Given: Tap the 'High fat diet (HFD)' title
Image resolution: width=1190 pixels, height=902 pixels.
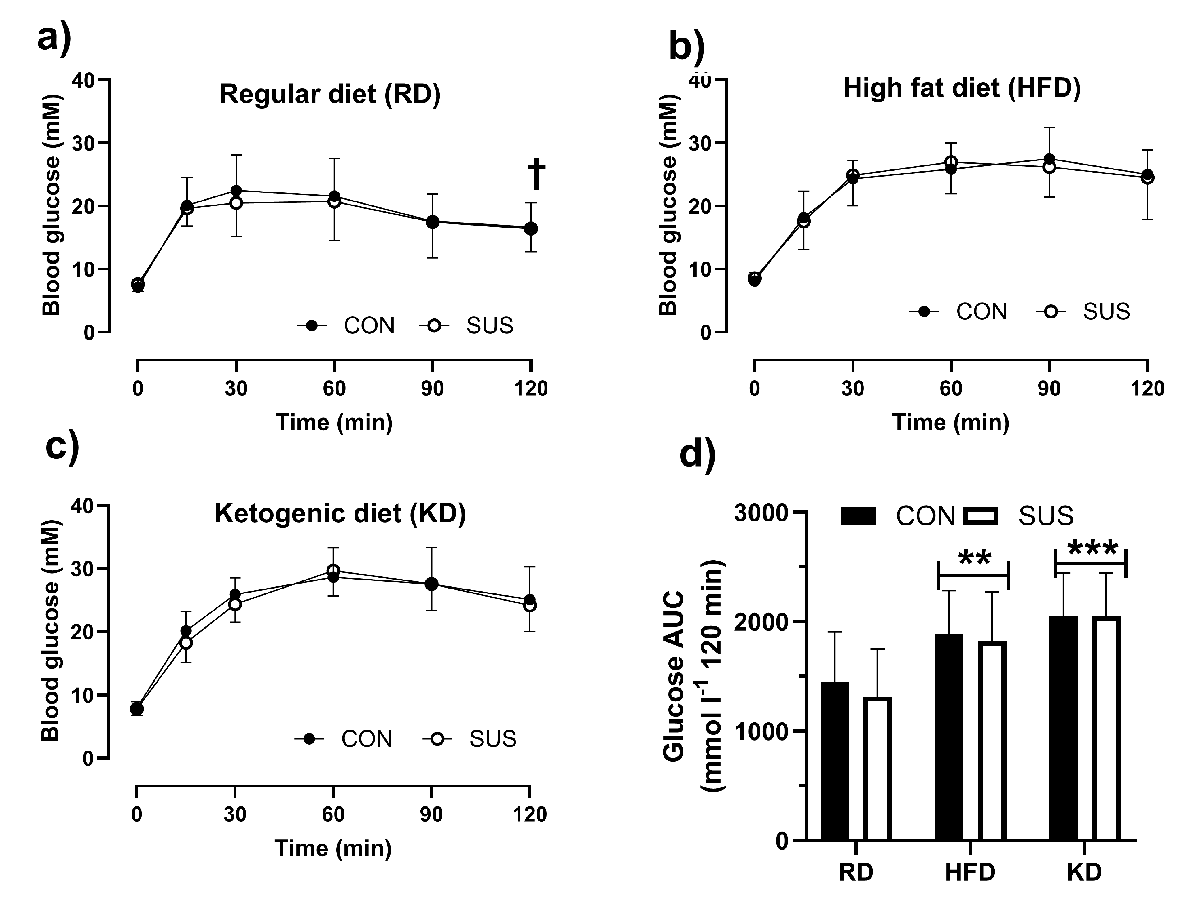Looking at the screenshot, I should [x=961, y=88].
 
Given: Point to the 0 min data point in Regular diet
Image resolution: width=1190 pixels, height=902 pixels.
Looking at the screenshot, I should [x=138, y=284].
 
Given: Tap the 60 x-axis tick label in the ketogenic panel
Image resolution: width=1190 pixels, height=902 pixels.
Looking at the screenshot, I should [x=333, y=814].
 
